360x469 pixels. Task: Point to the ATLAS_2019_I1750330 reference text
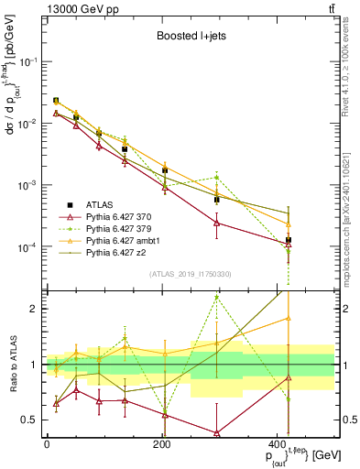coord(191,274)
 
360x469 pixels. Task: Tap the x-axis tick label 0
coord(46,444)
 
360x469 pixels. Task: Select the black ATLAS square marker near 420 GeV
coord(289,240)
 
